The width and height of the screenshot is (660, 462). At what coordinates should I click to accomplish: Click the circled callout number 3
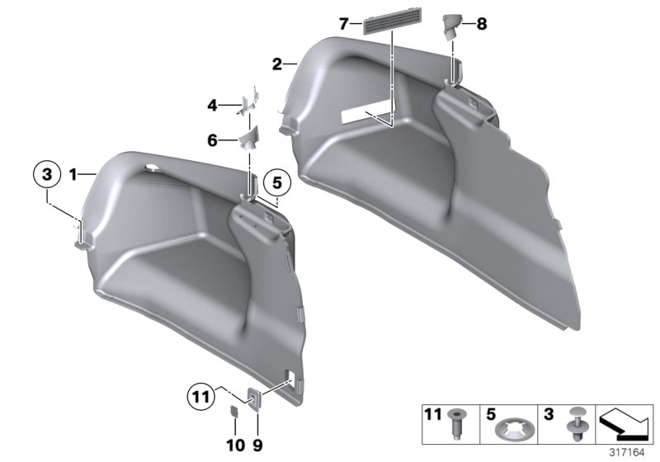point(47,175)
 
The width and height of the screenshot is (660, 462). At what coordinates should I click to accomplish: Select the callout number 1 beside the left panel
point(73,175)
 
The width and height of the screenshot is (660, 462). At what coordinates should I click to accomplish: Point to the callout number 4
point(212,106)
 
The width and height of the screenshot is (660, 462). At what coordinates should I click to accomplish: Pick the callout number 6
point(212,141)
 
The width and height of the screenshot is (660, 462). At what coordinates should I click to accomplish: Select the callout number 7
point(344,25)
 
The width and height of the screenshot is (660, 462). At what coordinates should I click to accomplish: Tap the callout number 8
point(482,25)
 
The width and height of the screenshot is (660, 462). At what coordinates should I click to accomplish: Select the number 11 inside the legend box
point(432,412)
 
